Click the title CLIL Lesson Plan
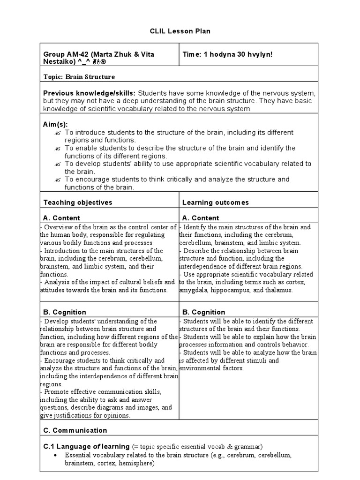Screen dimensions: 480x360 tap(180, 31)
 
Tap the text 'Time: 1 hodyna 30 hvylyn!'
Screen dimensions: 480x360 tap(227, 54)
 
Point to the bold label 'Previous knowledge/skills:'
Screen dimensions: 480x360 tap(90, 93)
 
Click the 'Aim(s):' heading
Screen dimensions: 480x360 tap(56, 124)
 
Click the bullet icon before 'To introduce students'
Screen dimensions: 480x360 tap(58, 133)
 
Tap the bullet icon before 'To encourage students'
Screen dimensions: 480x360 tap(58, 180)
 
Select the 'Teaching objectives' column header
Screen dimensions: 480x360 tap(78, 202)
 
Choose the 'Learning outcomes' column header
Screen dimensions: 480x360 tap(216, 202)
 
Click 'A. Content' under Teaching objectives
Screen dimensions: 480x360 tap(61, 218)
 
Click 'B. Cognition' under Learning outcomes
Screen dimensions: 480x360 tap(203, 312)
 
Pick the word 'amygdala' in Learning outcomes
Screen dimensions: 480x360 tap(194, 290)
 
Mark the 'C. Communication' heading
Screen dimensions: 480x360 tap(75, 430)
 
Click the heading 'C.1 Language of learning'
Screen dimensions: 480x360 tap(86, 446)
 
